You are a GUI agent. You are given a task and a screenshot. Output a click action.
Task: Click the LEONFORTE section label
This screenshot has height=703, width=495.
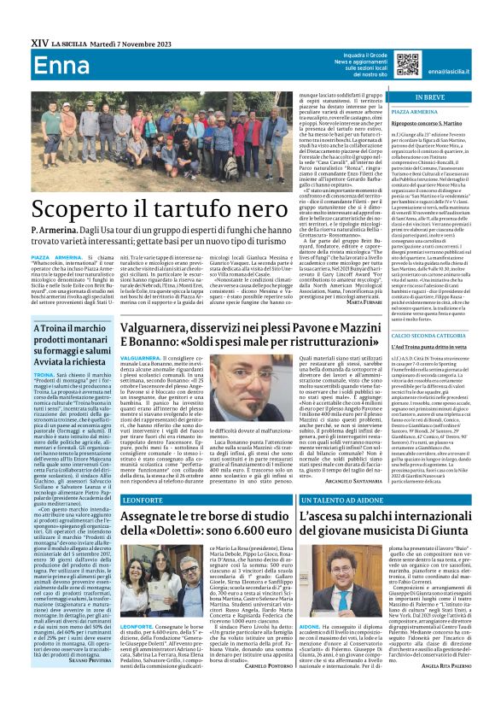coord(139,500)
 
